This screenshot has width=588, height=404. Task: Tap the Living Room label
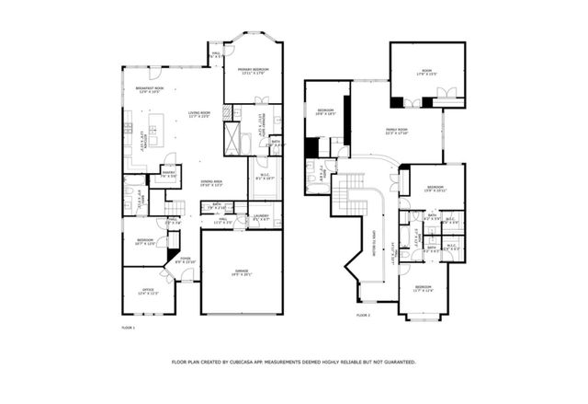199,113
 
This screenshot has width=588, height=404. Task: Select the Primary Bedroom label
253,71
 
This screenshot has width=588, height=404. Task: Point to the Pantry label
168,173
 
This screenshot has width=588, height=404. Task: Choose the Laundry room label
262,218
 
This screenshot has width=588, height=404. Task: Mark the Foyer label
186,260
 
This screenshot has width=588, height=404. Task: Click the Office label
147,292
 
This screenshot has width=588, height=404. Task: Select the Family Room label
397,131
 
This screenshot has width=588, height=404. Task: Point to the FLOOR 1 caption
128,327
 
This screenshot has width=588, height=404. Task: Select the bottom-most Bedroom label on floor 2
423,288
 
